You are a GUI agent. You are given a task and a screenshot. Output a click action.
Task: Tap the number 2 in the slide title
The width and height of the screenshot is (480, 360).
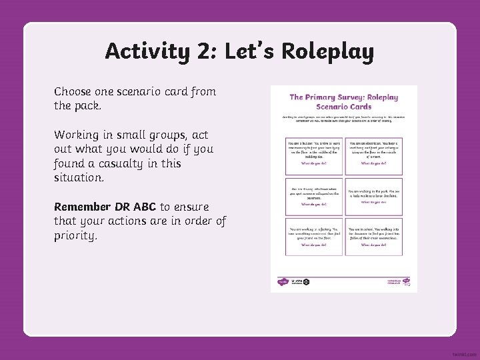click(204, 51)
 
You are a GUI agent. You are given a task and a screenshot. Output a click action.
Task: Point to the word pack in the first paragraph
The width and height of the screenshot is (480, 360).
click(87, 106)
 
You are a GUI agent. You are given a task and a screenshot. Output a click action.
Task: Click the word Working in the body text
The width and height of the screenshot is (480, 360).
click(78, 135)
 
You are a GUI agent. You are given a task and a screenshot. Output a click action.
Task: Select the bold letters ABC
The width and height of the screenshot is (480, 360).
click(144, 207)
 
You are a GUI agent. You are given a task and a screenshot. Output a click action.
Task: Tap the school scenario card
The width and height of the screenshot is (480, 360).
click(374, 235)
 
